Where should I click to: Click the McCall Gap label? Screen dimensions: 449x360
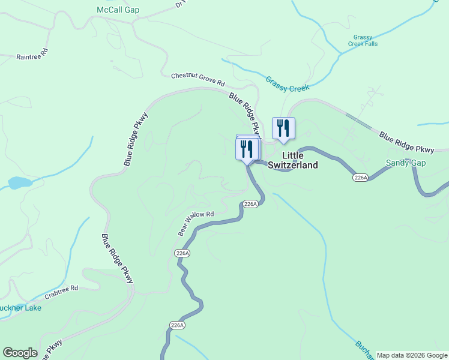[118, 10]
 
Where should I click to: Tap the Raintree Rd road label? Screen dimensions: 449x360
[31, 57]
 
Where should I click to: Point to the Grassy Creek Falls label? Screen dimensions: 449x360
[366, 40]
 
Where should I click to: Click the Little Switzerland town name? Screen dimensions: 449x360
[292, 160]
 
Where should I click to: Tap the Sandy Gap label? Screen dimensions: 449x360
[406, 163]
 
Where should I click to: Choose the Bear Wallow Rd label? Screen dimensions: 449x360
[196, 223]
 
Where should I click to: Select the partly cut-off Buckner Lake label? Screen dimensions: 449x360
[20, 308]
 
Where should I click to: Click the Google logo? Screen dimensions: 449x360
[20, 353]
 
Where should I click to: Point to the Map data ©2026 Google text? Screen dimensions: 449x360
[411, 355]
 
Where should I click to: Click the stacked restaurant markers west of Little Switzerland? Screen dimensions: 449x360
[247, 148]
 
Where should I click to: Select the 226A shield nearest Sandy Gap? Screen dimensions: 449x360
[360, 178]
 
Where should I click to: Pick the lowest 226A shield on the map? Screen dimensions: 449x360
[176, 325]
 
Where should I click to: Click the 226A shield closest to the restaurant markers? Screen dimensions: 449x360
[251, 204]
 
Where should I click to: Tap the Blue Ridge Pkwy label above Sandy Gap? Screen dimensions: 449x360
[406, 141]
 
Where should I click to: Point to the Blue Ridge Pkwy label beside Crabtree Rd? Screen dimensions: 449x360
[117, 259]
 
